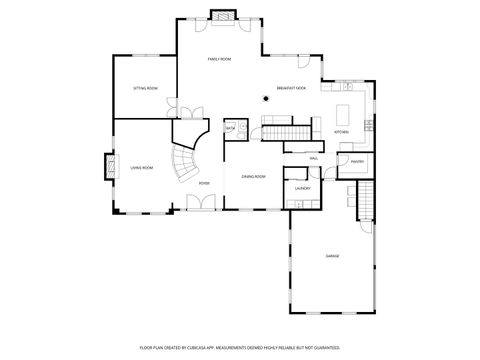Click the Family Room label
(x=219, y=60)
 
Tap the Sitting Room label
(x=145, y=89)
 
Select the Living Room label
(x=142, y=167)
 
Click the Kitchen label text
(x=341, y=131)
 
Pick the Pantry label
(x=357, y=160)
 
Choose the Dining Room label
(x=253, y=176)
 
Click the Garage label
(x=332, y=256)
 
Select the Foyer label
(x=203, y=183)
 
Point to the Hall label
(x=313, y=158)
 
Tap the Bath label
(x=230, y=129)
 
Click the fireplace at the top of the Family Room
(x=222, y=16)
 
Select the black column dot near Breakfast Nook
(x=265, y=98)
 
